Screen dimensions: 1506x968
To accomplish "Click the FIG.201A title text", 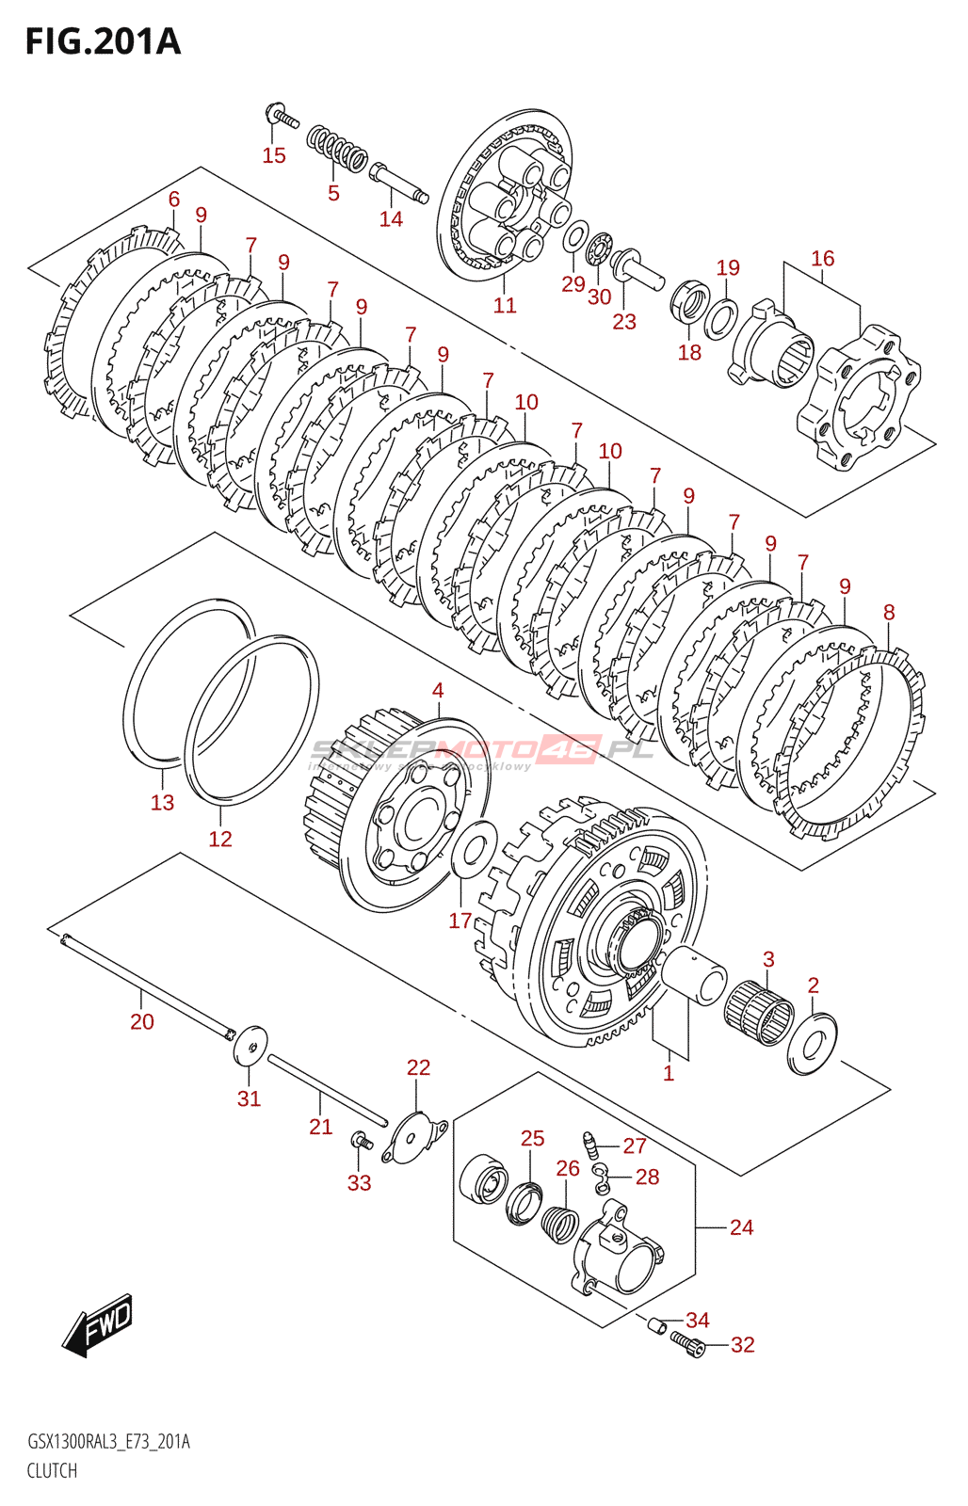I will (103, 42).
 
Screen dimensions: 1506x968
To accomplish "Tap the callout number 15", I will (274, 155).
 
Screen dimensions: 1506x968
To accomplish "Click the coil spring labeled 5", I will (336, 149).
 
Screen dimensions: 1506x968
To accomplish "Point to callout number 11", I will (505, 305).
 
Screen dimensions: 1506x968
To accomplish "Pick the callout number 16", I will (822, 258).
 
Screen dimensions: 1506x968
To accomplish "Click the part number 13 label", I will (163, 802).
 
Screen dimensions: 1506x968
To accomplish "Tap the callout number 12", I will (220, 839).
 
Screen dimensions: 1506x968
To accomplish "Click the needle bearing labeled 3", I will (759, 1013).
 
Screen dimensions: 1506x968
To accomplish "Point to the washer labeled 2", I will (812, 1043).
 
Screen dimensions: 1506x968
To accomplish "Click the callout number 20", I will (142, 1021).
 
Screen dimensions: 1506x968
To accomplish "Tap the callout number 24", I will (741, 1227).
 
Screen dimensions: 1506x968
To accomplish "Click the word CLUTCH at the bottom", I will (52, 1470).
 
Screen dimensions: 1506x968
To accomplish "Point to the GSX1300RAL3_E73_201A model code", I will (108, 1442).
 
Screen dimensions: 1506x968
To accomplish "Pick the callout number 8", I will (889, 613).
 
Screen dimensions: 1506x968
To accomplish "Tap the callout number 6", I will (174, 199).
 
